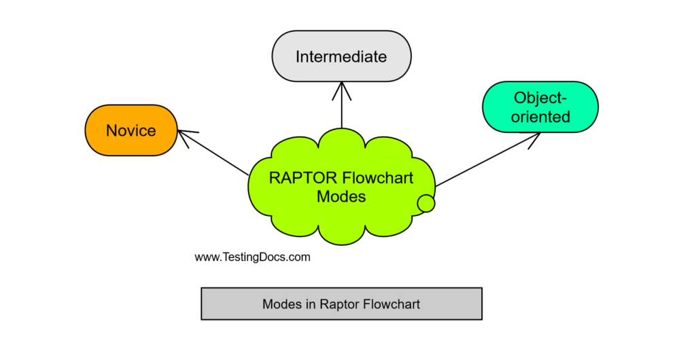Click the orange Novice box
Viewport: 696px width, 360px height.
click(131, 130)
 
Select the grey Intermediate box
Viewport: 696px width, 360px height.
click(341, 56)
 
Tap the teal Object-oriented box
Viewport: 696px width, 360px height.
click(540, 107)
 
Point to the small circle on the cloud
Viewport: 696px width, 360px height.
click(425, 202)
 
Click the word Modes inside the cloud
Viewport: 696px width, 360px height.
click(341, 197)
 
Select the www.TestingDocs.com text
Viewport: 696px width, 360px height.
click(252, 257)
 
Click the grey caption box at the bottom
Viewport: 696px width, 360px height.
click(341, 303)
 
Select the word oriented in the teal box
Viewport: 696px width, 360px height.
click(540, 117)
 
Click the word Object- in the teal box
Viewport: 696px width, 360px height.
click(540, 97)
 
